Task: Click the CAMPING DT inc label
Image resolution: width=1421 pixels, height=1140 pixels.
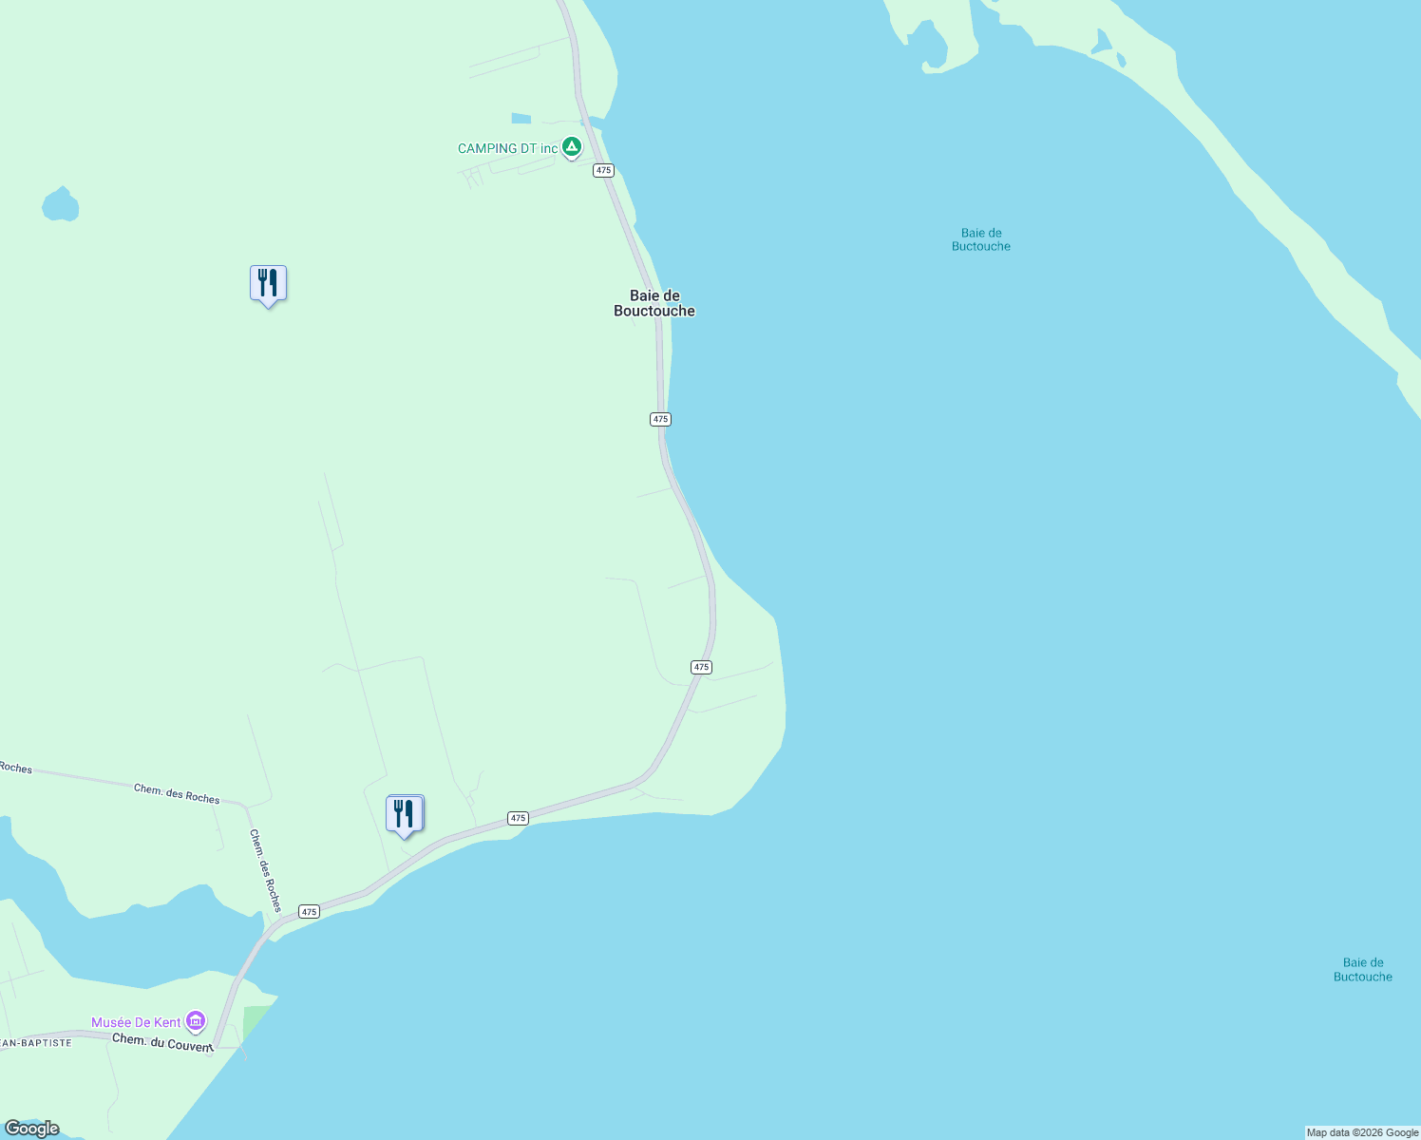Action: (x=507, y=149)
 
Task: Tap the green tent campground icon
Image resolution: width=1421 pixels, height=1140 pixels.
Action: (x=572, y=147)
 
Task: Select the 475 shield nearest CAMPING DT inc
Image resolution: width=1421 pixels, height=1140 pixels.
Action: (x=603, y=170)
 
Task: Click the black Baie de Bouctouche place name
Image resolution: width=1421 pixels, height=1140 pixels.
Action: (x=654, y=303)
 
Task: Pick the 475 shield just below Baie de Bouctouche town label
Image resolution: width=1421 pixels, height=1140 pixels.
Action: (x=661, y=419)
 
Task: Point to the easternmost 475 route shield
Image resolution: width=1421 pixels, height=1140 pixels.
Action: (x=701, y=667)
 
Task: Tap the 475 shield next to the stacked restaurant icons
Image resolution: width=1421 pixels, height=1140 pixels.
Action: (x=517, y=818)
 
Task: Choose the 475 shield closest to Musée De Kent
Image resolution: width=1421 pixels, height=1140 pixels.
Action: (x=309, y=911)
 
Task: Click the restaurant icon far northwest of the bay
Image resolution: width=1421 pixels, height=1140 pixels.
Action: (x=268, y=283)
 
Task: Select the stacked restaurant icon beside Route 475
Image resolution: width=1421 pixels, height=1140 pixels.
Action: (x=405, y=814)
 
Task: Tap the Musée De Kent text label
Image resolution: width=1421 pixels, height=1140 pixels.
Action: (x=136, y=1022)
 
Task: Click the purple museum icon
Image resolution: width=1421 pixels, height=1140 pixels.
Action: (x=196, y=1022)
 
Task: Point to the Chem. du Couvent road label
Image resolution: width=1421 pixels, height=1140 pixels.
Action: (x=162, y=1042)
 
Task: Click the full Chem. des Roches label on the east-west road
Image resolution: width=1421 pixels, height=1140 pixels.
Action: (x=177, y=793)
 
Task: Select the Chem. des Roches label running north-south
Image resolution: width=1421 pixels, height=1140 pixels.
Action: (x=266, y=870)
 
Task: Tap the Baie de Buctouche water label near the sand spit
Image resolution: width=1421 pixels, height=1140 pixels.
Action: (x=981, y=239)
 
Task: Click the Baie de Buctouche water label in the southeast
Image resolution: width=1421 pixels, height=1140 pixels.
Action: (x=1362, y=970)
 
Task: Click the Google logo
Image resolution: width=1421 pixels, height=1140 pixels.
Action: (x=32, y=1129)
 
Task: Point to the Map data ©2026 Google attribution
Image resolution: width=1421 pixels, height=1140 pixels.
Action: (x=1362, y=1132)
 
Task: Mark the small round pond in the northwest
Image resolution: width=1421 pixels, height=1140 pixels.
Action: (x=61, y=205)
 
